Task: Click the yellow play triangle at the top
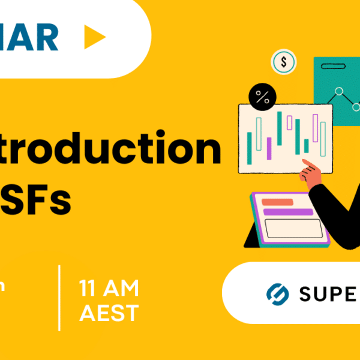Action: tap(94, 38)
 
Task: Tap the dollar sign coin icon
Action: tap(284, 61)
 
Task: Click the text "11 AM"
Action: tap(109, 289)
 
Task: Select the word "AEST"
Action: tap(109, 313)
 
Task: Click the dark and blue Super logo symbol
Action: tap(277, 293)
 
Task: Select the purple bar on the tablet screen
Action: tap(288, 212)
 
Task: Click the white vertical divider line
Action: tap(59, 297)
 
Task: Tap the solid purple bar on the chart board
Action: tap(269, 149)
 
